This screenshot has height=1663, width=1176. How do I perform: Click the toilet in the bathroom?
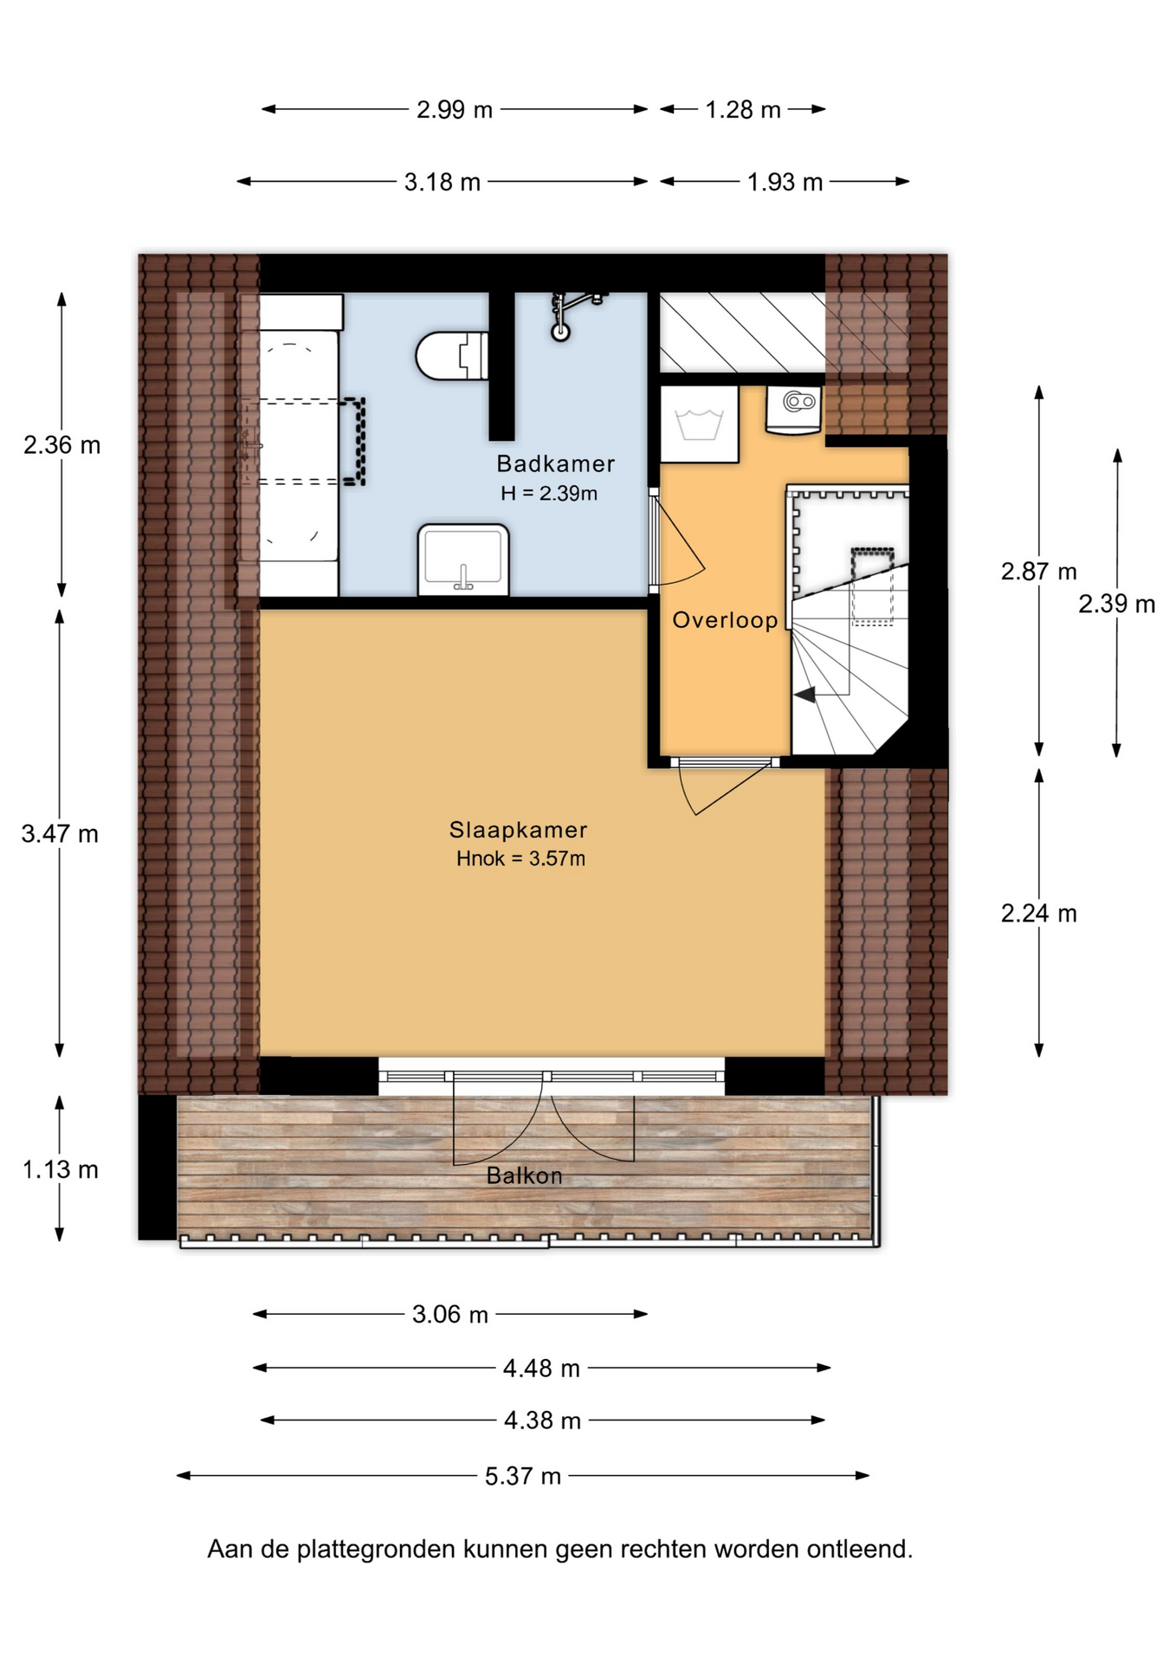point(452,356)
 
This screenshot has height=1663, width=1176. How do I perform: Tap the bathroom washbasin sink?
point(463,560)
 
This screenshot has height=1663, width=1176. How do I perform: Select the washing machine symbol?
point(699,424)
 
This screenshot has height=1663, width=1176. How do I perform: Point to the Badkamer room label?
point(555,463)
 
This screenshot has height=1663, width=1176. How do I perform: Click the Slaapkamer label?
point(518,830)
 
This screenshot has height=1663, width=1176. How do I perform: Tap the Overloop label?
point(725,619)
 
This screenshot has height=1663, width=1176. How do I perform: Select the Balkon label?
point(525,1175)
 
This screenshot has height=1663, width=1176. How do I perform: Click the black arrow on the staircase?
point(804,694)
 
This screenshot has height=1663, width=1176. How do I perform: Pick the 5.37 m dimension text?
point(523,1476)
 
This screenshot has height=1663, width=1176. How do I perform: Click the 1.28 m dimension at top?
point(743,110)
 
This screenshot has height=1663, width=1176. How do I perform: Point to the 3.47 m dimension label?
point(60,834)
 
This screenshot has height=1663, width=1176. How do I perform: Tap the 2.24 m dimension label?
point(1039,913)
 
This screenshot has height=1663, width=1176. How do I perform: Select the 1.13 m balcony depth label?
point(60,1169)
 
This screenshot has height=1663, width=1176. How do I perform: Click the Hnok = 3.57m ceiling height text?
point(520,858)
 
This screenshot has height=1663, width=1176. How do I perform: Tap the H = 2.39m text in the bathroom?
point(549,493)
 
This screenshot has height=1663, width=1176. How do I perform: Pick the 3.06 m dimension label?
point(450,1315)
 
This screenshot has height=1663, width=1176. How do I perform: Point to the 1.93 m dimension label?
point(785,182)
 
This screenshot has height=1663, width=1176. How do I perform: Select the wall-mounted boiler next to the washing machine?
point(794,410)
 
